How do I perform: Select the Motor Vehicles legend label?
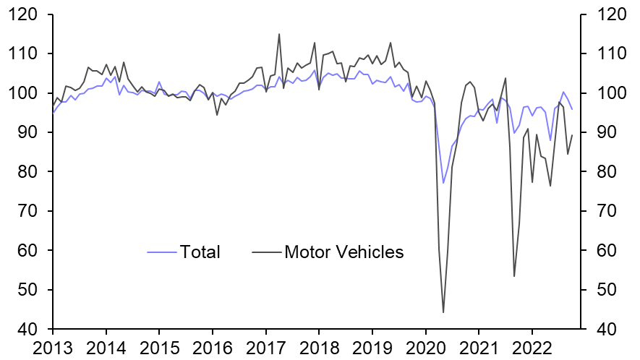(x=344, y=252)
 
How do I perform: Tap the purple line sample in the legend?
(x=163, y=252)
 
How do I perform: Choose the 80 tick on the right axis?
(x=607, y=172)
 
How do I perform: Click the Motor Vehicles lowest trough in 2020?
(x=443, y=312)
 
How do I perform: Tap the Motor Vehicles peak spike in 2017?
(x=279, y=34)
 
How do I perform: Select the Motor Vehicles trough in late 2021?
(x=514, y=276)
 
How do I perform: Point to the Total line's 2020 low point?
(x=443, y=184)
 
